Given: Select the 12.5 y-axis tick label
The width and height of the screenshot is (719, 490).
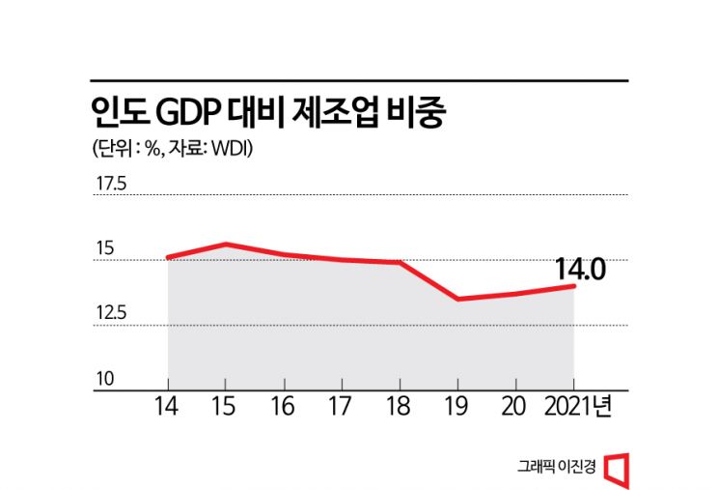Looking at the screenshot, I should [109, 313].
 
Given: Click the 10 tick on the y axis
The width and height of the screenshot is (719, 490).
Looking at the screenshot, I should [102, 379].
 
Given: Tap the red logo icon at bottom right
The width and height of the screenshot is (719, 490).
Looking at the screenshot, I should [616, 467].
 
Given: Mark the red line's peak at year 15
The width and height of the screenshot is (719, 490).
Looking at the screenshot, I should [226, 244].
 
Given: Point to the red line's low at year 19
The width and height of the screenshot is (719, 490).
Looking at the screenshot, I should [457, 300].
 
